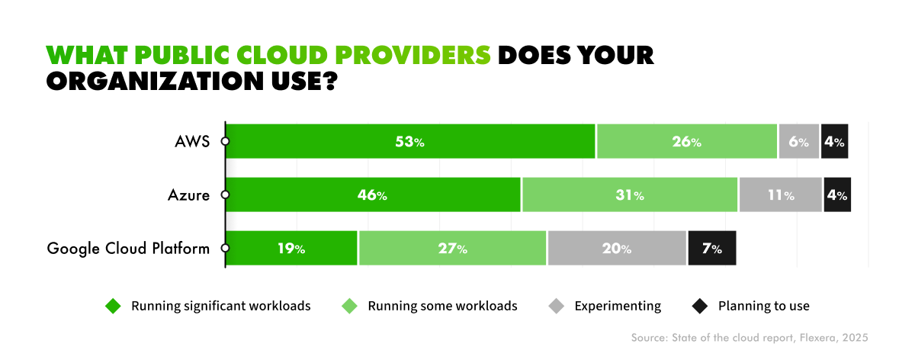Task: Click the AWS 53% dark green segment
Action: [410, 142]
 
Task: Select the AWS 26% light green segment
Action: [686, 142]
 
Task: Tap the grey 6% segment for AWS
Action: [798, 142]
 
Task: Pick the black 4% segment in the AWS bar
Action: [834, 142]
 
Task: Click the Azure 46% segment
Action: [373, 195]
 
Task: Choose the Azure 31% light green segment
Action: [629, 195]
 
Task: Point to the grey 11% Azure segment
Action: [780, 195]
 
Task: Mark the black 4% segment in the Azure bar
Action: [836, 195]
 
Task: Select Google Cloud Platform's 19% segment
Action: [291, 249]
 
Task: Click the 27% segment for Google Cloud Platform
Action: [452, 249]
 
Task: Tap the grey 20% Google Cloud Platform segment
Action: [616, 249]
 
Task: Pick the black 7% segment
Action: [711, 249]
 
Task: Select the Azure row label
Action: [188, 195]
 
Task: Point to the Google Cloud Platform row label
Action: [128, 249]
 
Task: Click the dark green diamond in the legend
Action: [113, 307]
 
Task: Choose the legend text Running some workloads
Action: [442, 307]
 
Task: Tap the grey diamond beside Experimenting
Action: [556, 307]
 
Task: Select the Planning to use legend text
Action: [763, 307]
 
